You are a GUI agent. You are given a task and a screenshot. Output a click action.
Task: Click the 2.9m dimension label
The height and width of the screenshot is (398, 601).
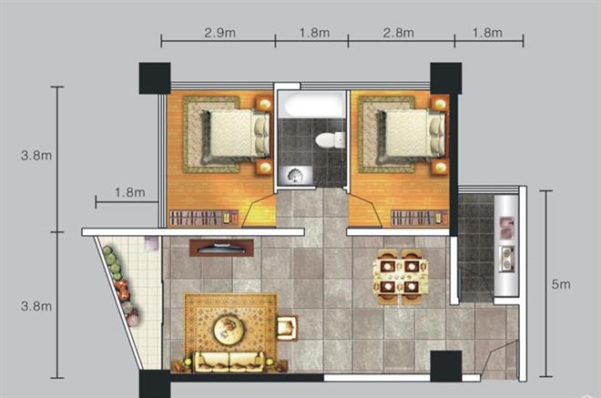point(219,33)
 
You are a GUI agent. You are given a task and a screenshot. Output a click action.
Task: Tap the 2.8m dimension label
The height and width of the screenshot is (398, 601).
point(399,33)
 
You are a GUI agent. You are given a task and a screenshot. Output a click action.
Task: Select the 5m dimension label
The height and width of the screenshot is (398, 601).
point(561,284)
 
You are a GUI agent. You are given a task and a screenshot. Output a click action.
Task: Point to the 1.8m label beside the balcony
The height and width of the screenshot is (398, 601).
point(130,192)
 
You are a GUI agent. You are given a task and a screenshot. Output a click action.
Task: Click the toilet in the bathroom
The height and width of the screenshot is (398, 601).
point(330,140)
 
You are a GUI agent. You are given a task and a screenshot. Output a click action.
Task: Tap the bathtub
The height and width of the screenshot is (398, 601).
point(311,105)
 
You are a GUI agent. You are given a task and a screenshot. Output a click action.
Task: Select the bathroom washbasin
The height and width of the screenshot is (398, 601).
point(295,176)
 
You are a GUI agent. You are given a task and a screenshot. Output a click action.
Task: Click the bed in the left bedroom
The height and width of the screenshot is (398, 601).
point(235,134)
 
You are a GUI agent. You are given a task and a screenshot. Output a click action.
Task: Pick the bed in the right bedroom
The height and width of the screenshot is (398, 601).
point(410,134)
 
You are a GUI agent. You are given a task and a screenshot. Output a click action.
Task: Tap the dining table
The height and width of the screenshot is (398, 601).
point(401,276)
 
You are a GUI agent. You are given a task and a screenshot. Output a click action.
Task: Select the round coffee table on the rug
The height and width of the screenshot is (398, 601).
point(229,330)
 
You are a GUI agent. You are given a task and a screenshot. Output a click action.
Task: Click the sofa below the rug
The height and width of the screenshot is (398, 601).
point(229,362)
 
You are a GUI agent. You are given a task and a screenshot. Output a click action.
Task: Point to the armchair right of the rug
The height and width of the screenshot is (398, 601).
point(287,328)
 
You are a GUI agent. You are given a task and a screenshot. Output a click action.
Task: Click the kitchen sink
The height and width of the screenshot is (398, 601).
point(506,228)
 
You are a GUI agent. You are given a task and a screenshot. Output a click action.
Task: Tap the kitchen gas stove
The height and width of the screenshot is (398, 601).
point(506,259)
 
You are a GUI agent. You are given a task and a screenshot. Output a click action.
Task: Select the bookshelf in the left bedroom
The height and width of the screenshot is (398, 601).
point(204,219)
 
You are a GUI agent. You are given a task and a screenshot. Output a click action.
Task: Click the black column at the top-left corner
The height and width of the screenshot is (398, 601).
point(155,78)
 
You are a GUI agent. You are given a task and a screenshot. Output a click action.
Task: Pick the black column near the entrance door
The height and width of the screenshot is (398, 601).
point(446,366)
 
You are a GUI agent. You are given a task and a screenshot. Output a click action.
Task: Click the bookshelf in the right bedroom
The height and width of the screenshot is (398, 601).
point(419,219)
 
